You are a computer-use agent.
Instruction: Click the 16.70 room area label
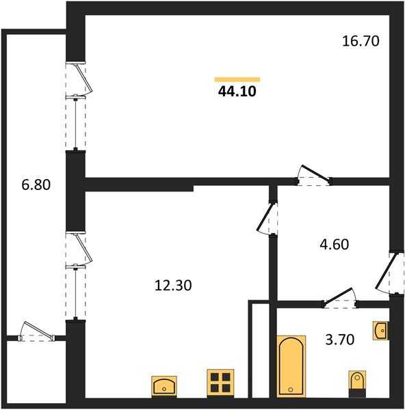click(360, 41)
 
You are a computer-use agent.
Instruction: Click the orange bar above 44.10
click(237, 79)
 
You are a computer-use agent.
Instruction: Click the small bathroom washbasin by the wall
click(381, 331)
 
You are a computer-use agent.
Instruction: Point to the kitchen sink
click(164, 386)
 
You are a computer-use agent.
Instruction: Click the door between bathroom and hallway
click(340, 299)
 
